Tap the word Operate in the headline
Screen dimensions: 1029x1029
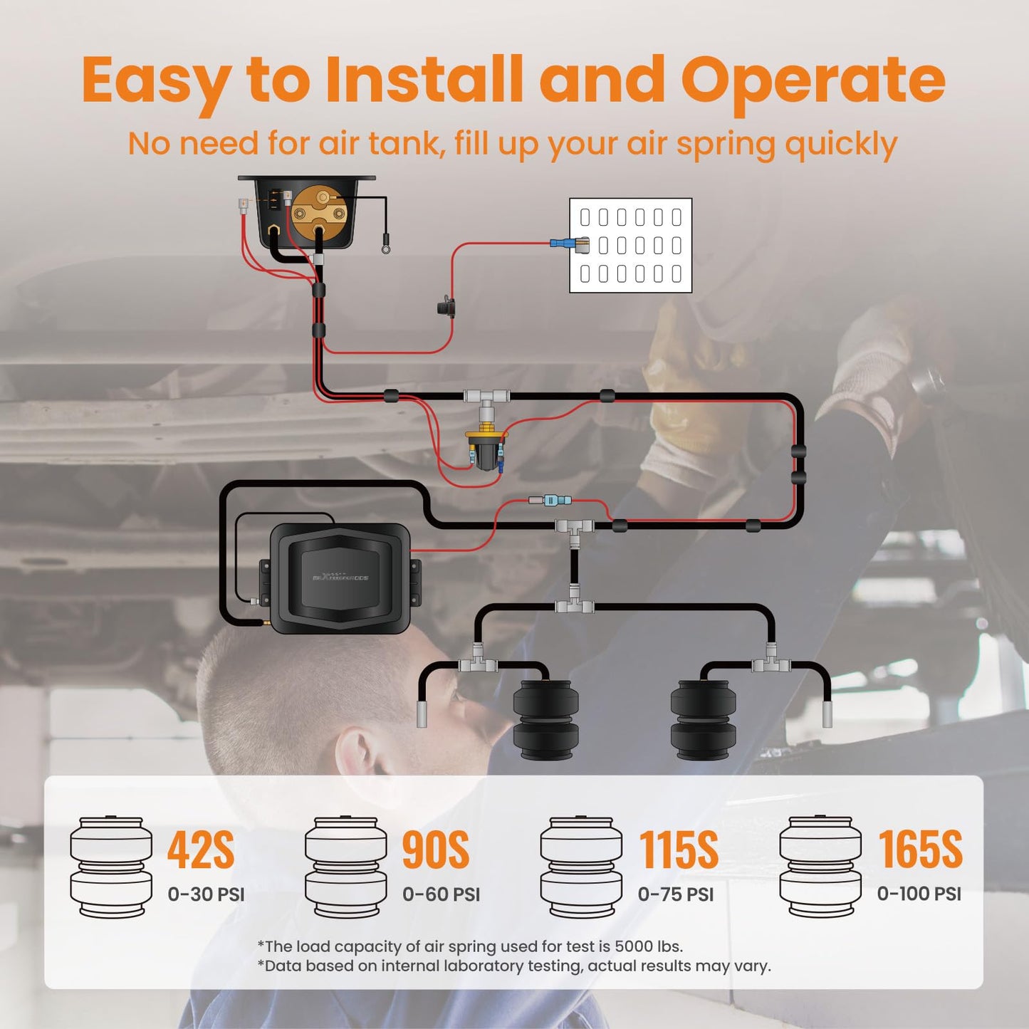(813, 80)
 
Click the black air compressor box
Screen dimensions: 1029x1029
(340, 578)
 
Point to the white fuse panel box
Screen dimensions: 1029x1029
(630, 245)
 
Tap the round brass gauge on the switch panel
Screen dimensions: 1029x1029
(320, 211)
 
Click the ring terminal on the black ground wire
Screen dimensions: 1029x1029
(386, 249)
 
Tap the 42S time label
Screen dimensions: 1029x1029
(200, 850)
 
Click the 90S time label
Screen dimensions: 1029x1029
(435, 850)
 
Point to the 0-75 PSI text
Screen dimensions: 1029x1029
(675, 894)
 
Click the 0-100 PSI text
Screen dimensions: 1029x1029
(919, 894)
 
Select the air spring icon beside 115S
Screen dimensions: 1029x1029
(581, 867)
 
